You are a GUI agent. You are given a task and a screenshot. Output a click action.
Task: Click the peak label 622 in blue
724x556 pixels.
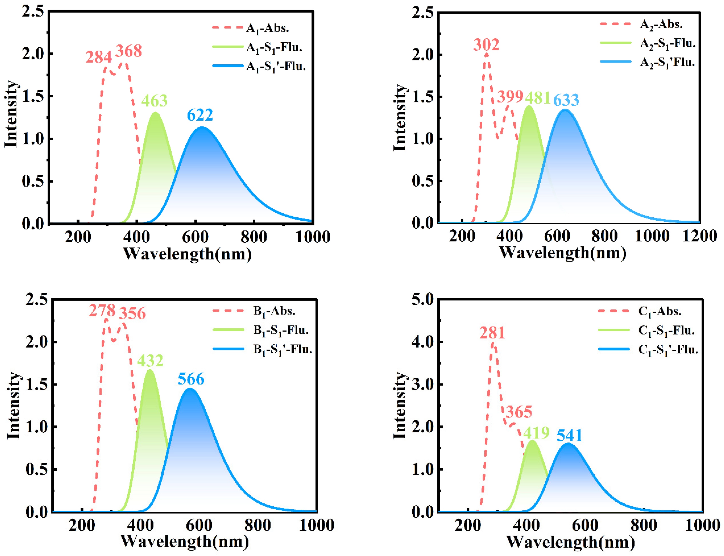[x=200, y=115]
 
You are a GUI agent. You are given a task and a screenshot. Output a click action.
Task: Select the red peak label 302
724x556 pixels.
[x=486, y=45]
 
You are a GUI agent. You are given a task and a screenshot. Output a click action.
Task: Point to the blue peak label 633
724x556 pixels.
[x=566, y=100]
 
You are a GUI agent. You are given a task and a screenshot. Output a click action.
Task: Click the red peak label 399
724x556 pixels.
[x=510, y=97]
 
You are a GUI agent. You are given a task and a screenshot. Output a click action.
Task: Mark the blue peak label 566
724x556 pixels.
[x=191, y=379]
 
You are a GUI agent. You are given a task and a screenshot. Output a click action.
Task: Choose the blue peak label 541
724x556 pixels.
[x=569, y=436]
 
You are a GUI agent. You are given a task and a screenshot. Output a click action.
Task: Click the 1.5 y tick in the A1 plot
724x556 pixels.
[x=33, y=96]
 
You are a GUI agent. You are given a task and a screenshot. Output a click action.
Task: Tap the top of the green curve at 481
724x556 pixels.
[x=529, y=106]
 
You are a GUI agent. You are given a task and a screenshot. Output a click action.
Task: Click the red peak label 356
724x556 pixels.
[x=132, y=313]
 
